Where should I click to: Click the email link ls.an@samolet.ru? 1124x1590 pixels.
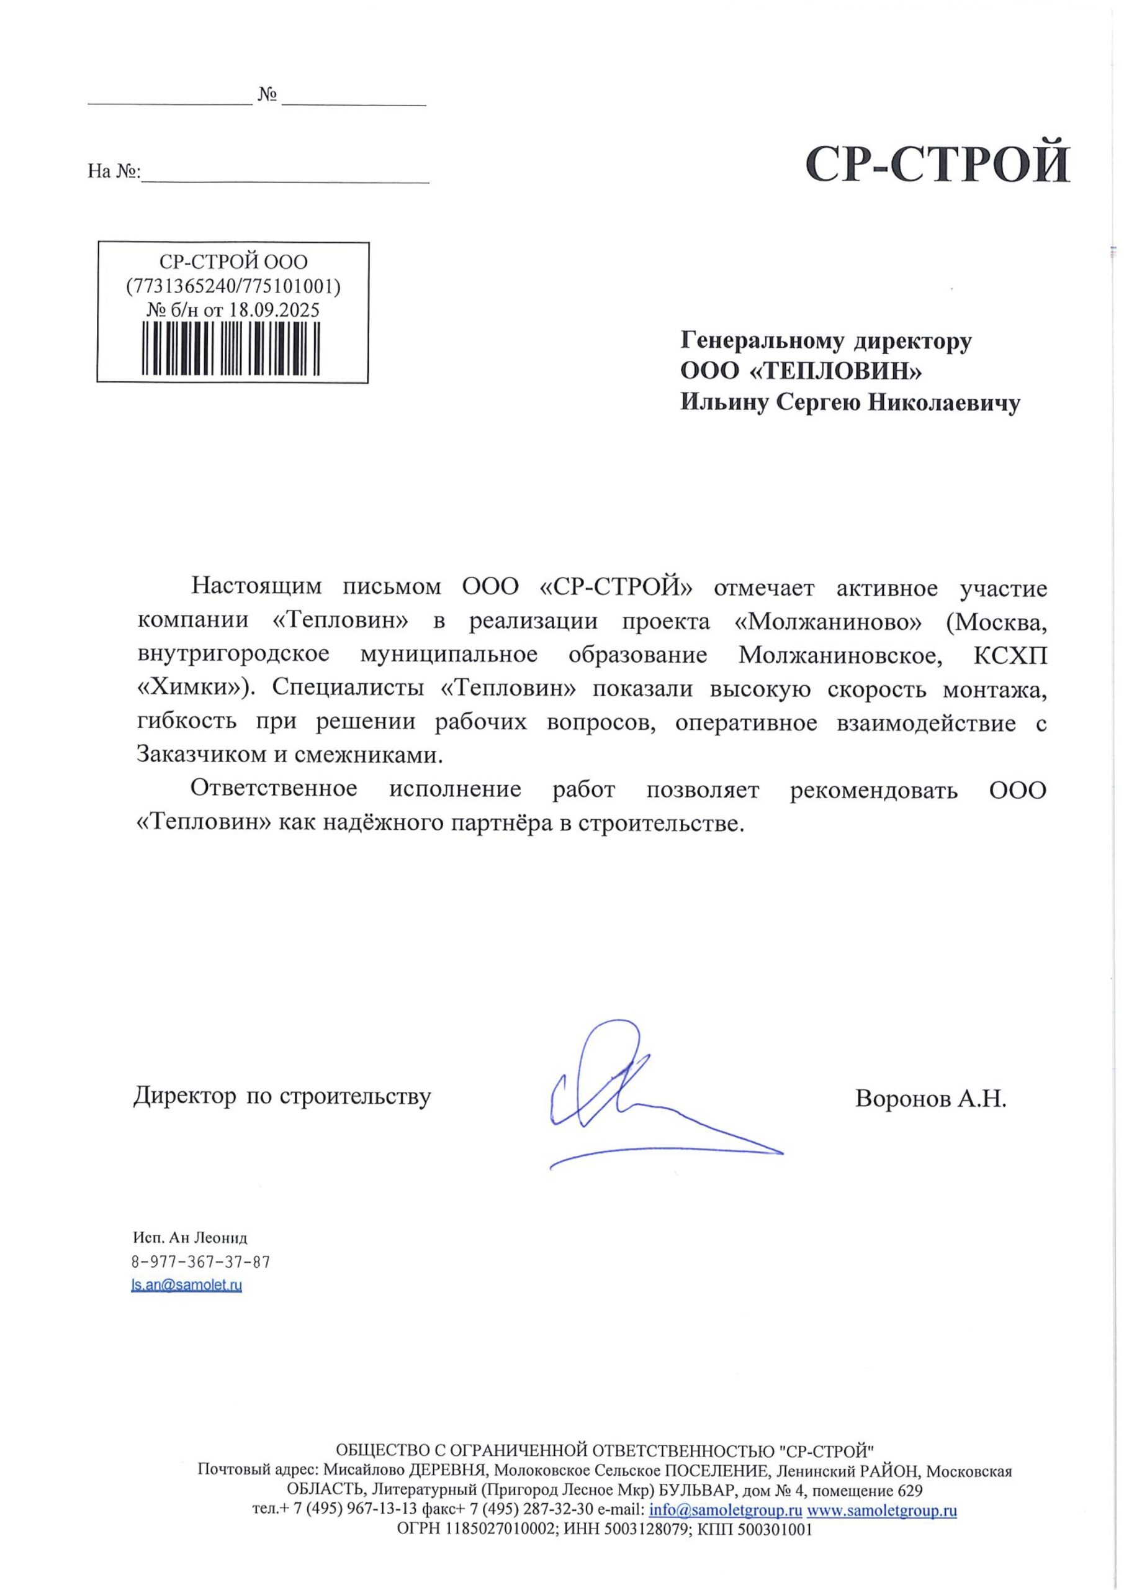click(187, 1285)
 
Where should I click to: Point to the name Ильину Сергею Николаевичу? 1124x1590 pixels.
click(850, 403)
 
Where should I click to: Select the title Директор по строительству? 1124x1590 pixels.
click(282, 1096)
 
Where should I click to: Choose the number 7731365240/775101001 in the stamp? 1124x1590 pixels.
click(233, 286)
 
